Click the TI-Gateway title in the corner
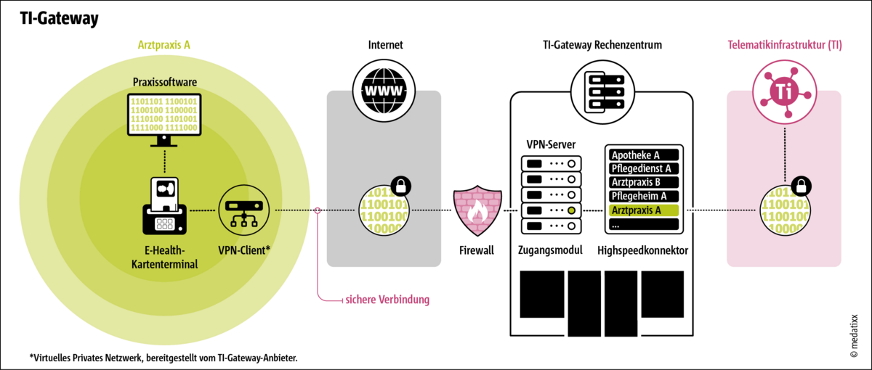pyautogui.click(x=58, y=19)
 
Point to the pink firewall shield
pyautogui.click(x=477, y=210)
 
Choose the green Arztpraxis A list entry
pyautogui.click(x=642, y=210)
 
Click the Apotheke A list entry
pyautogui.click(x=642, y=155)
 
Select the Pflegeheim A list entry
pyautogui.click(x=642, y=197)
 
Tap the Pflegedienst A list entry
pyautogui.click(x=642, y=169)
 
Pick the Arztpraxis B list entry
pyautogui.click(x=642, y=183)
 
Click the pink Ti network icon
pyautogui.click(x=783, y=91)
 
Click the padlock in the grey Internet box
pyautogui.click(x=400, y=186)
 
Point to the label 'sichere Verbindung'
pyautogui.click(x=387, y=299)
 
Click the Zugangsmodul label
pyautogui.click(x=552, y=251)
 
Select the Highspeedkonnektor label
pyautogui.click(x=642, y=251)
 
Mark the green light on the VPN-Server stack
pyautogui.click(x=572, y=210)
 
